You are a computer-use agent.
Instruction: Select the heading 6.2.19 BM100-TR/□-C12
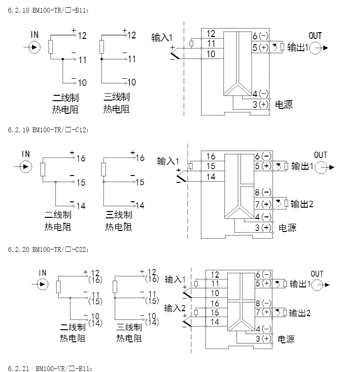[x=49, y=130]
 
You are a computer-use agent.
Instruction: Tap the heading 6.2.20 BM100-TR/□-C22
[x=49, y=249]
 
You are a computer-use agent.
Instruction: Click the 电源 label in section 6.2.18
[x=284, y=105]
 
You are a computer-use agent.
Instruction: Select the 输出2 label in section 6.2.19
[x=302, y=204]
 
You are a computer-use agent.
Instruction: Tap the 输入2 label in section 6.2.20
[x=175, y=308]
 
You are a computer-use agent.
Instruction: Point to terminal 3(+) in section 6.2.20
[x=262, y=338]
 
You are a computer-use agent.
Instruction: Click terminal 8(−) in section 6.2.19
[x=263, y=192]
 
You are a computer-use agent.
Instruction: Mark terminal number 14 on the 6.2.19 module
[x=211, y=177]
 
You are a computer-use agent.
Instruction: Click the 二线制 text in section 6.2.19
[x=58, y=214]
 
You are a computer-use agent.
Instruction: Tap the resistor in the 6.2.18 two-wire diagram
[x=51, y=47]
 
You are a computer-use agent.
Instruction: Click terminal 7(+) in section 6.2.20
[x=263, y=312]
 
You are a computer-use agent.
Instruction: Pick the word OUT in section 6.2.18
[x=315, y=35]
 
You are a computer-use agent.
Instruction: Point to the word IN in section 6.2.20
[x=42, y=273]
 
